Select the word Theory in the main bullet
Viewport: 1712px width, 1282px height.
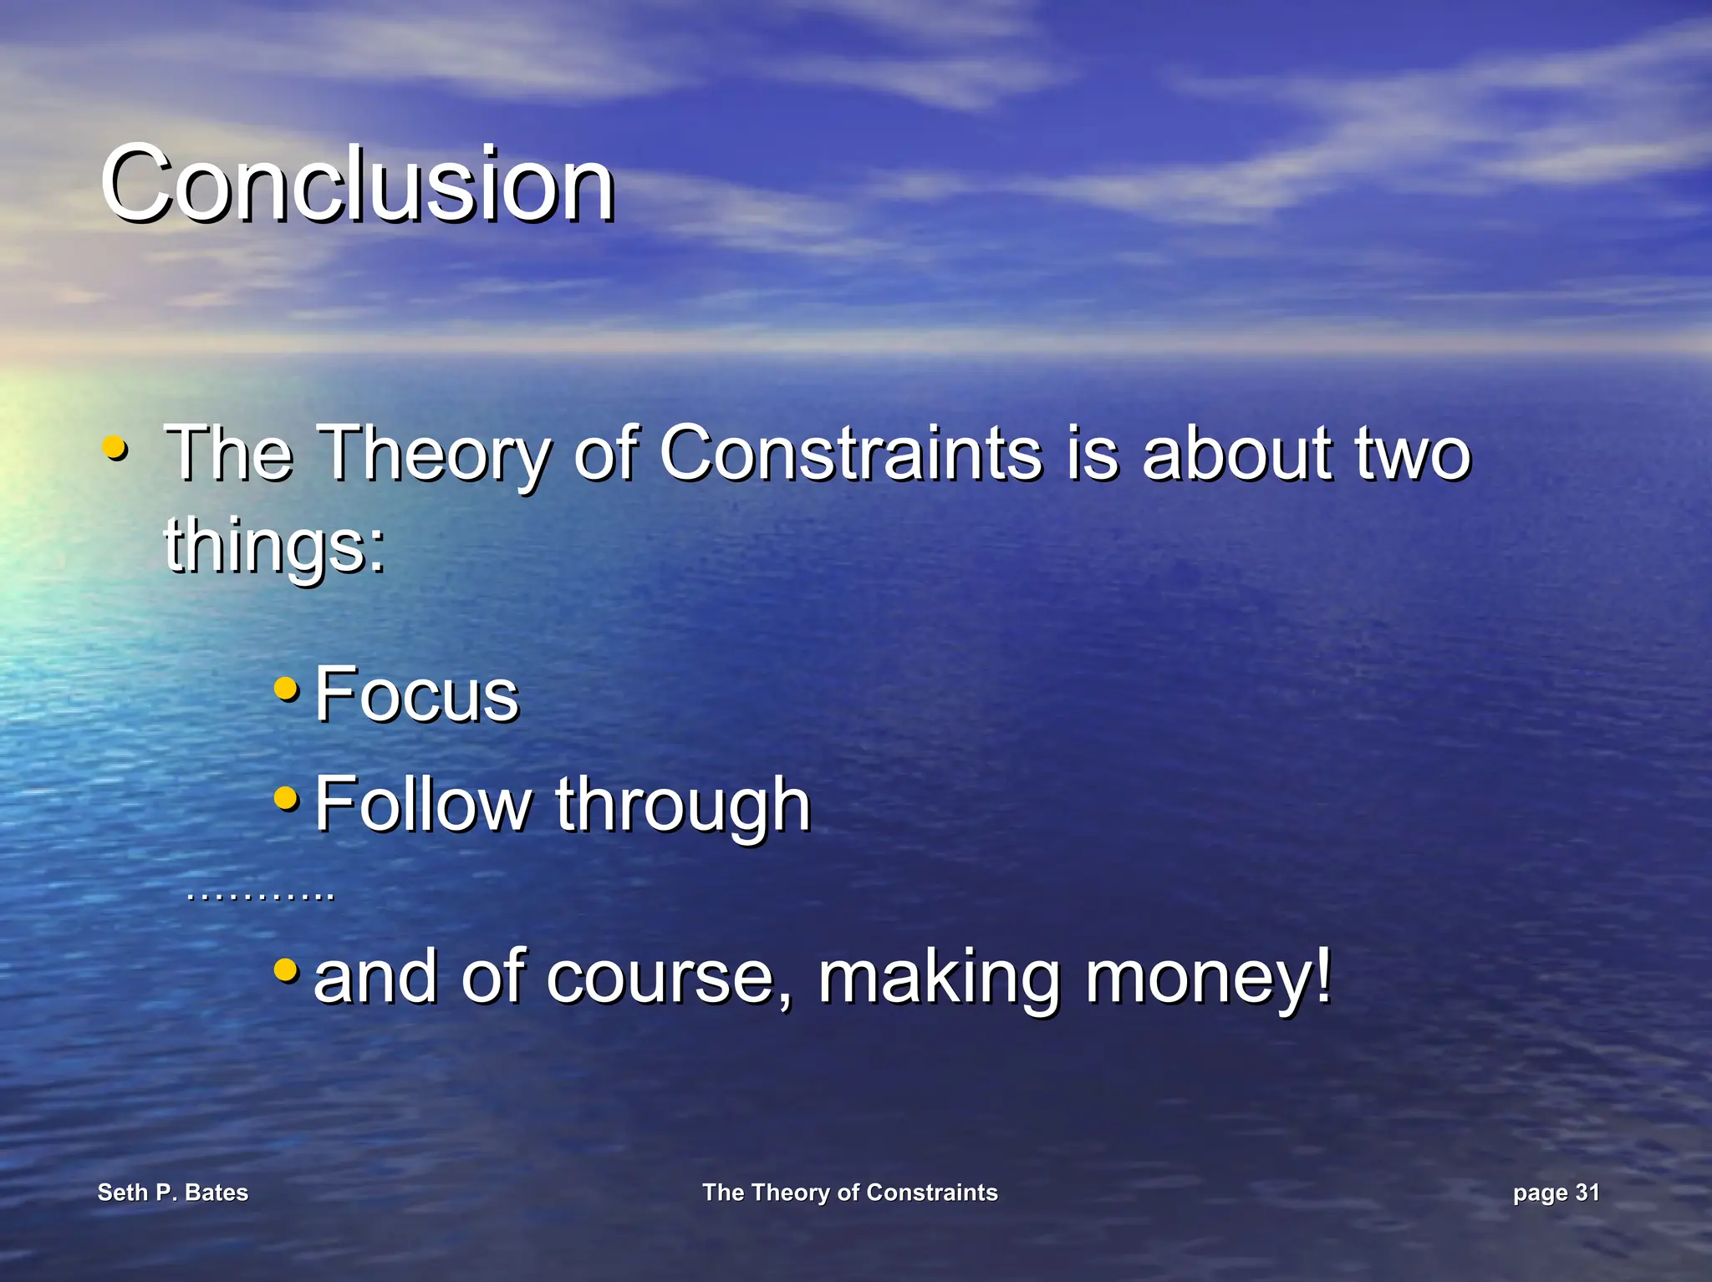[436, 455]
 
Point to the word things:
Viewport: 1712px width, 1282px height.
[274, 544]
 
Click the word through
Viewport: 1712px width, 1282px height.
[683, 805]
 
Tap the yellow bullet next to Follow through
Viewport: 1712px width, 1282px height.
[286, 798]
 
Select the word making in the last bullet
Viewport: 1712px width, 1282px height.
[938, 978]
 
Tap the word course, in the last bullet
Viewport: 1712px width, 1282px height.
[669, 978]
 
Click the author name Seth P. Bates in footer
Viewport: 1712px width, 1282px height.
[173, 1193]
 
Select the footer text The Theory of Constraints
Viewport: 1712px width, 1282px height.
[850, 1193]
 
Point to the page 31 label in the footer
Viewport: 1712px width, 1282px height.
[1556, 1193]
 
